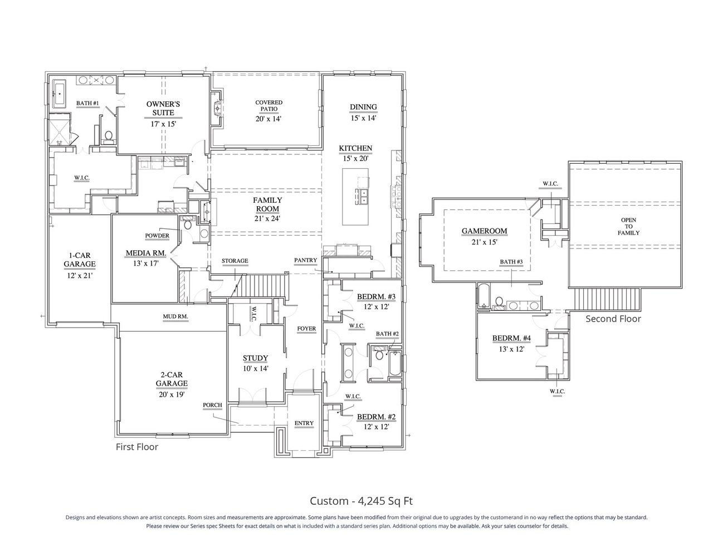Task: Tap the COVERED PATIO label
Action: tap(268, 106)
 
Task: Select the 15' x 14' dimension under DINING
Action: tap(363, 118)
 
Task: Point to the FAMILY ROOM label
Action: tap(267, 204)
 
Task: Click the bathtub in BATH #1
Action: tap(60, 94)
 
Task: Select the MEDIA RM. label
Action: tap(143, 253)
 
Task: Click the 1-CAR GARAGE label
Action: tap(79, 260)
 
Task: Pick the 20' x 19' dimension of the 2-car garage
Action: tap(171, 394)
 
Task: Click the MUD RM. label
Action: tap(175, 316)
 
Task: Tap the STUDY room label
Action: tap(255, 358)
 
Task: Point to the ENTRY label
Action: tap(304, 423)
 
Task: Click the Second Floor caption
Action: tap(613, 319)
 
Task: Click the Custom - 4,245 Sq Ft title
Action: tap(361, 501)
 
